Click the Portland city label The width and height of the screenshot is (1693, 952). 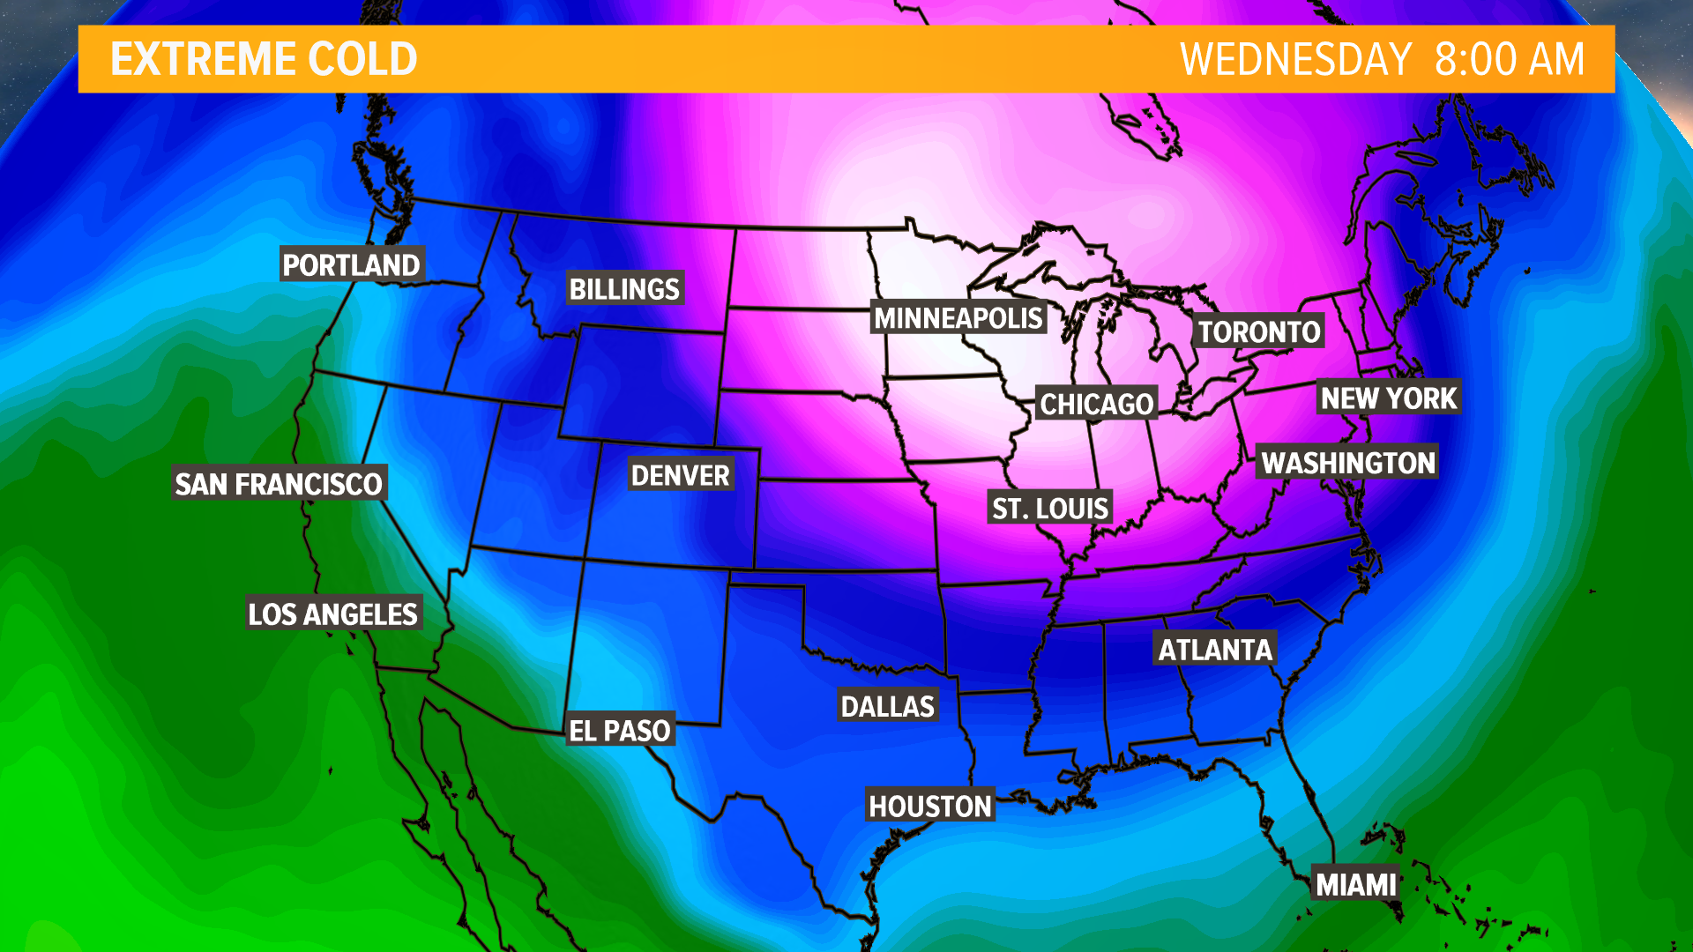[x=352, y=264]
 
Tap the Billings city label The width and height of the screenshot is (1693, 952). [x=624, y=288]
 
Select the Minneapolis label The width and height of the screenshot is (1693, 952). [x=958, y=317]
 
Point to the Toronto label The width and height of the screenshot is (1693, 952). [x=1258, y=331]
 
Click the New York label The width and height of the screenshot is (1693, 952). [x=1389, y=398]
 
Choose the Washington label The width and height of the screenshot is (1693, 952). [x=1348, y=462]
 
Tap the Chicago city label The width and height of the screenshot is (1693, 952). [x=1096, y=403]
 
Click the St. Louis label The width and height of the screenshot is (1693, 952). [x=1049, y=508]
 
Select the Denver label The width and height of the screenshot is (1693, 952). [x=680, y=475]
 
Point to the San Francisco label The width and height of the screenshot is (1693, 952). [x=279, y=483]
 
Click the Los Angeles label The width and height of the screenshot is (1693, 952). [x=332, y=613]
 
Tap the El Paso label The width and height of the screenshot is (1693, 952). [x=619, y=730]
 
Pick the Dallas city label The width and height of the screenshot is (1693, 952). [x=887, y=705]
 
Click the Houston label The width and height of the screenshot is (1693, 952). [x=930, y=805]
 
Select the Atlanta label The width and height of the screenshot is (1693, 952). [x=1215, y=650]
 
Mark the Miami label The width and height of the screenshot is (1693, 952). [x=1356, y=883]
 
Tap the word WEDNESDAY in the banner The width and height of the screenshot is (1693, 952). [x=1295, y=59]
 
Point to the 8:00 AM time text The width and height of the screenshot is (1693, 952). [x=1509, y=59]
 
